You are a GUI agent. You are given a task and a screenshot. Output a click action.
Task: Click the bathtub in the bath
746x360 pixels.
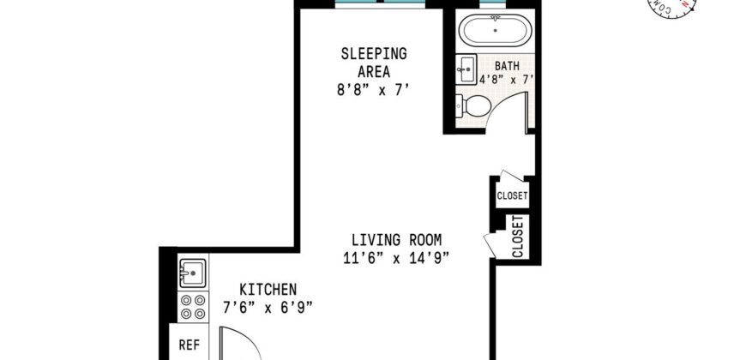[496, 33]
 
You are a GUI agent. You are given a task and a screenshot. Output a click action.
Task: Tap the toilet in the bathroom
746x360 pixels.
[476, 106]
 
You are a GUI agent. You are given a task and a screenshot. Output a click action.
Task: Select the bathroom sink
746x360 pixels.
[466, 67]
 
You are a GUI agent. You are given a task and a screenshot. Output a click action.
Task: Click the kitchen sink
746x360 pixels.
[191, 274]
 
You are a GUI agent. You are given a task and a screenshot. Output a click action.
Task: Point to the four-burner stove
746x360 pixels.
[191, 308]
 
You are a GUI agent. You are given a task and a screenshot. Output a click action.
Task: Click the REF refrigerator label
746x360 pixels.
[189, 345]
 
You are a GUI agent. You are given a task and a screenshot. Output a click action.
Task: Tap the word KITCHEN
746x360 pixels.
[268, 289]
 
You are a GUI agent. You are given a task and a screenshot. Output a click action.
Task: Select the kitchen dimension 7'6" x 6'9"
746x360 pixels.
[268, 306]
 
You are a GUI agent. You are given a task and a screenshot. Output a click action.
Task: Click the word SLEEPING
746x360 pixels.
[374, 53]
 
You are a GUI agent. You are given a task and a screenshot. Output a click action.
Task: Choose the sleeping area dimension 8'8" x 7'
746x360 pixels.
[374, 87]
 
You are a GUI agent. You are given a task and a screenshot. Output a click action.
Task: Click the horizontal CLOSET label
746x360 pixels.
[512, 196]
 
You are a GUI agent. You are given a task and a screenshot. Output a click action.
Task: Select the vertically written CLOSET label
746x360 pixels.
[518, 237]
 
